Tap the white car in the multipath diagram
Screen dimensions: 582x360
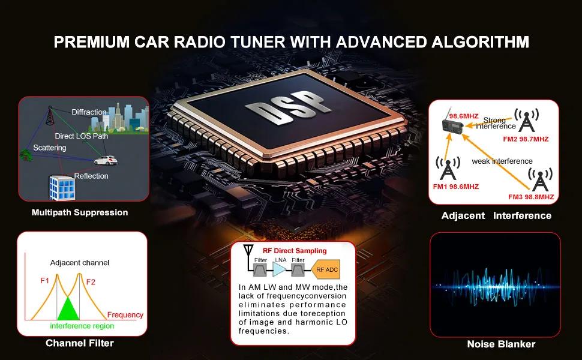[x=106, y=160]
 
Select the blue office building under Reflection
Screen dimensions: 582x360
[x=62, y=187]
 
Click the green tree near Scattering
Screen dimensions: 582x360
[x=26, y=155]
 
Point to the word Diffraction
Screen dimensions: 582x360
[x=89, y=112]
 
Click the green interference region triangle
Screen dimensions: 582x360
[x=68, y=308]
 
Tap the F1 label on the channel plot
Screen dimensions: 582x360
[x=44, y=281]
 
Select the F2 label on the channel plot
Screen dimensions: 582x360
[x=91, y=282]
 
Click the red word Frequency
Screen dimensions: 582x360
[x=125, y=315]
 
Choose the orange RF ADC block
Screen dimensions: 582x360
[x=326, y=270]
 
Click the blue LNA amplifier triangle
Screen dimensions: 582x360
[x=280, y=270]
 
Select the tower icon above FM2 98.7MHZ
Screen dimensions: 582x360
[x=526, y=120]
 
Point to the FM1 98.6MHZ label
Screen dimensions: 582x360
[x=456, y=187]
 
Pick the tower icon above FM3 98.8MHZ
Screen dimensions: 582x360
[x=540, y=179]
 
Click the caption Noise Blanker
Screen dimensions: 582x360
[x=501, y=344]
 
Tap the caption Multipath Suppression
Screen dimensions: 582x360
[x=80, y=212]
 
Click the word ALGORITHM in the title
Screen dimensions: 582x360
[x=480, y=42]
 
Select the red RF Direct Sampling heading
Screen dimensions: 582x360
[x=295, y=251]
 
